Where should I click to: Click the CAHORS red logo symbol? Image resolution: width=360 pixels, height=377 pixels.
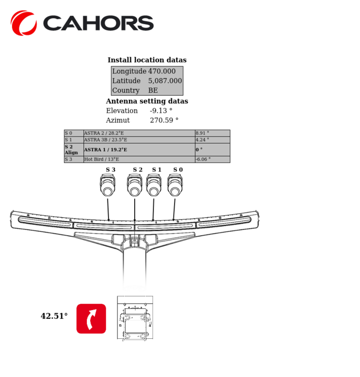(x=24, y=23)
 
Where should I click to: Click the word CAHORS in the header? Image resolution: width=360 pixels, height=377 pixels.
(x=98, y=24)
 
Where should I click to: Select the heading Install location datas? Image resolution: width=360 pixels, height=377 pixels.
(x=147, y=60)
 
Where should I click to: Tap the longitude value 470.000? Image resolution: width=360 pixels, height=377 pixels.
(x=162, y=71)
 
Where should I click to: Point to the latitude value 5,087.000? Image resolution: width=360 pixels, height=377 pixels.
(x=165, y=81)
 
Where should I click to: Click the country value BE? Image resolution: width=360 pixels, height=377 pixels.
(x=153, y=91)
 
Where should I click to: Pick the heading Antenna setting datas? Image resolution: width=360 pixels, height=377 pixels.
(x=147, y=101)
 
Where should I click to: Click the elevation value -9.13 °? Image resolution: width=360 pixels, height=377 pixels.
(x=161, y=111)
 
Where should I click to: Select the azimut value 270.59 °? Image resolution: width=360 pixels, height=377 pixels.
(x=164, y=120)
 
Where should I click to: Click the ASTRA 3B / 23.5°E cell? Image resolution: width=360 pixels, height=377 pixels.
(x=105, y=140)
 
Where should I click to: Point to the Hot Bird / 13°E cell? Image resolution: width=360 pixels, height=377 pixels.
(x=102, y=159)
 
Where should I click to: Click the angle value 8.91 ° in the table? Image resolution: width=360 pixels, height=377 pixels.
(x=202, y=134)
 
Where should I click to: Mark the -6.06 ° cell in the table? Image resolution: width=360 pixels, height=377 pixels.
(x=203, y=159)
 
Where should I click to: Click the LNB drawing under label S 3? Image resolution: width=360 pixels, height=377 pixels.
(x=107, y=185)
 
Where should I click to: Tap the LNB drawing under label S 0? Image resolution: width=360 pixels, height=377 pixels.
(x=175, y=185)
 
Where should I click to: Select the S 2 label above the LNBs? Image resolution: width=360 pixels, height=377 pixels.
(x=137, y=170)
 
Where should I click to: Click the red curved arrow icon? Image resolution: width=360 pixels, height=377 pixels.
(x=91, y=318)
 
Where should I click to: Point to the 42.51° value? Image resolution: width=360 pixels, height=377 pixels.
(x=54, y=316)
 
